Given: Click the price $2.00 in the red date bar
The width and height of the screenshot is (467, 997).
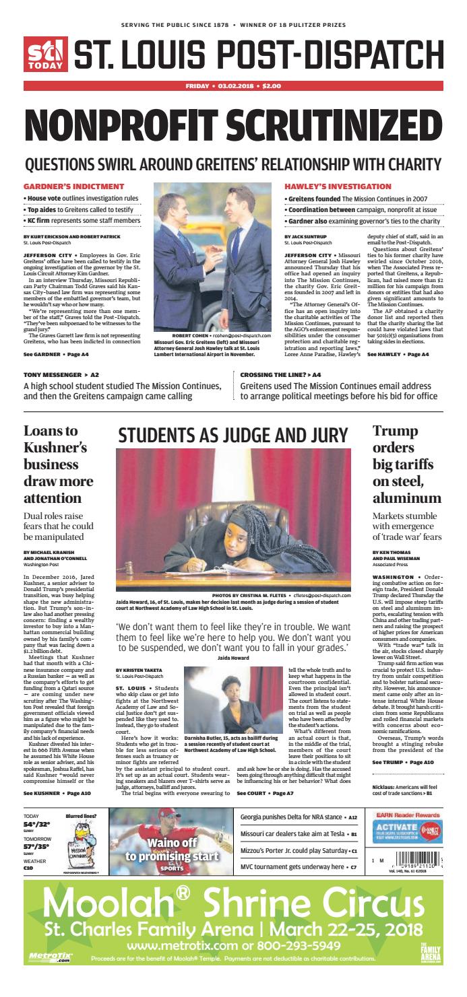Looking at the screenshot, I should [271, 86].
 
